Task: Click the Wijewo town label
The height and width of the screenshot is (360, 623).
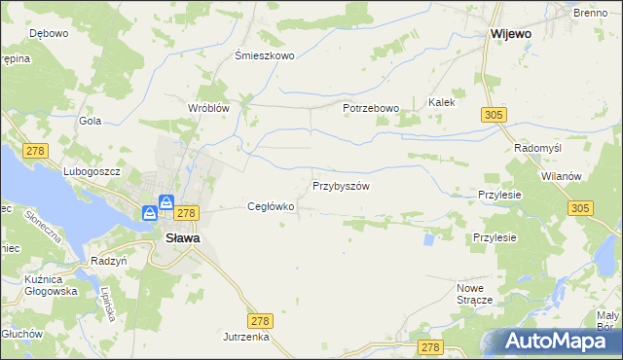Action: point(511,33)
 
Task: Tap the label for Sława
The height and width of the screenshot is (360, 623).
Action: point(182,237)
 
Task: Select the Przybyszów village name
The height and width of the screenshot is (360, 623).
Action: point(341,185)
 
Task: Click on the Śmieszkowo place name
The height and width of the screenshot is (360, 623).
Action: point(265,55)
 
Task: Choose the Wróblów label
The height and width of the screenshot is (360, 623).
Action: point(208,108)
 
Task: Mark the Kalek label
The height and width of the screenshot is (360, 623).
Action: point(442,101)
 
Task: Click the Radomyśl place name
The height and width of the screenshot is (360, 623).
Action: point(534,148)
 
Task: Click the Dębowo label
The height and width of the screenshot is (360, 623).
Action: point(48,33)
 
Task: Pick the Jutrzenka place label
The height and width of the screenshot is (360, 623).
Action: point(244,336)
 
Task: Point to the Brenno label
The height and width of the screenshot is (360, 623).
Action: point(590,13)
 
